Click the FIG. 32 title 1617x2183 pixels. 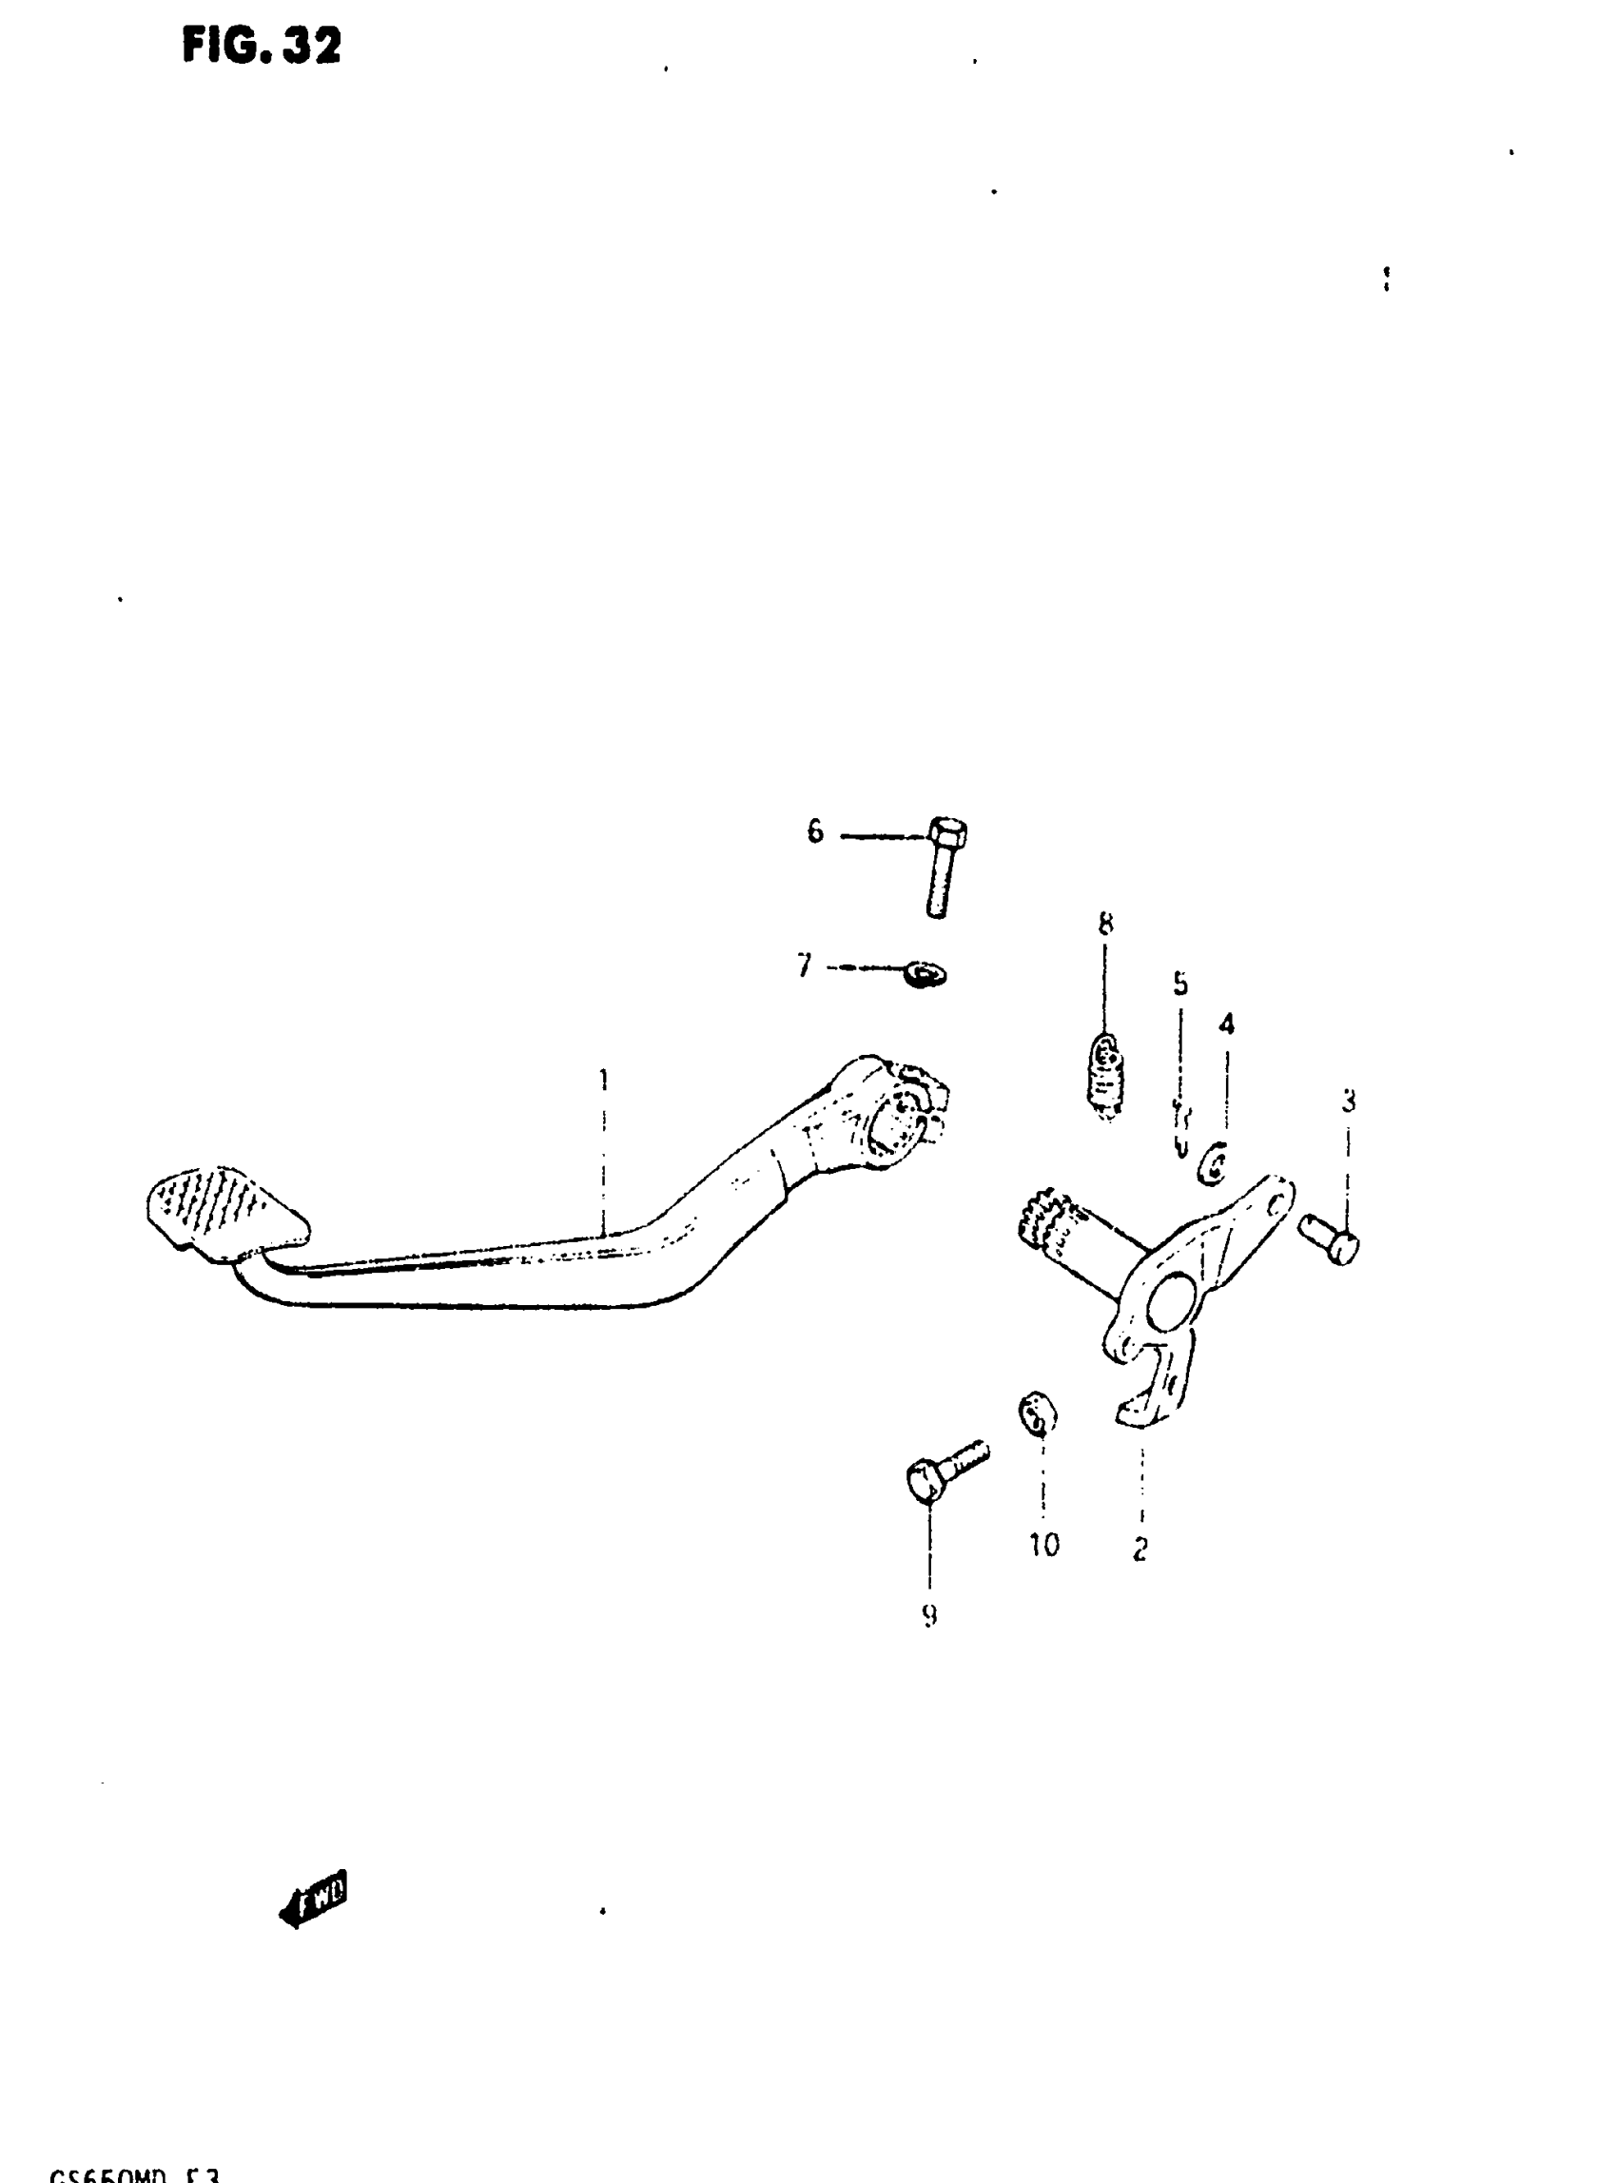tap(262, 46)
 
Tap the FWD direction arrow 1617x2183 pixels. tap(314, 1900)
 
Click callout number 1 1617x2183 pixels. tap(604, 1080)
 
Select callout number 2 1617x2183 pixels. tap(1140, 1550)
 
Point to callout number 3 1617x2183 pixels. tap(1348, 1102)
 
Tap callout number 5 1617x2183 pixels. tap(1180, 984)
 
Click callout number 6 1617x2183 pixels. tap(815, 832)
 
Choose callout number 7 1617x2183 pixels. tap(805, 967)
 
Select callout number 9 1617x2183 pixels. tap(929, 1615)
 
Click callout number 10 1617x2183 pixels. tap(1043, 1545)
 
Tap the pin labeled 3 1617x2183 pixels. tap(1330, 1238)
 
